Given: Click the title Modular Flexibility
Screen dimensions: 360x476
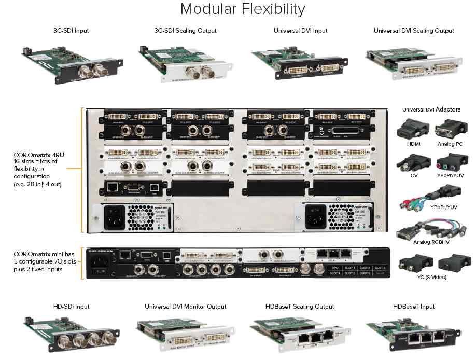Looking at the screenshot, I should [x=242, y=9].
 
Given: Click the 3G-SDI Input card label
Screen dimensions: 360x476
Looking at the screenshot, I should [x=71, y=31].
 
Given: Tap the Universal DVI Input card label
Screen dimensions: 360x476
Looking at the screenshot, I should [x=300, y=31].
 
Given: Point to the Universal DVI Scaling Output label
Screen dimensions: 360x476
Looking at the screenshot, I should [x=414, y=31].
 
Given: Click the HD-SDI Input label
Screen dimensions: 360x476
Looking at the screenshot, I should [x=71, y=307].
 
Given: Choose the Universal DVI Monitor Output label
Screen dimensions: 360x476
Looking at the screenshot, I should [x=186, y=307].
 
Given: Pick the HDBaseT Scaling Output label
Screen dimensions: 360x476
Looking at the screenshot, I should [x=300, y=307].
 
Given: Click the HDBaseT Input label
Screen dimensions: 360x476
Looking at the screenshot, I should [x=414, y=307].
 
